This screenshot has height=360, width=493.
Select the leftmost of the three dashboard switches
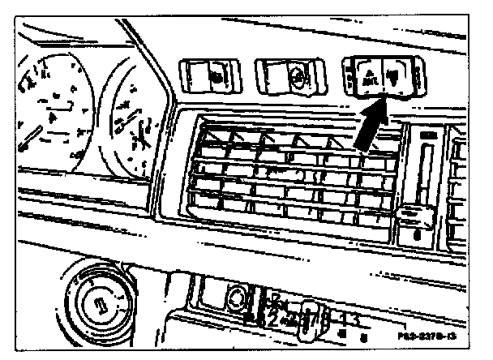[210, 76]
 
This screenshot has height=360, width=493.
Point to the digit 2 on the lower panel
[273, 318]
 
